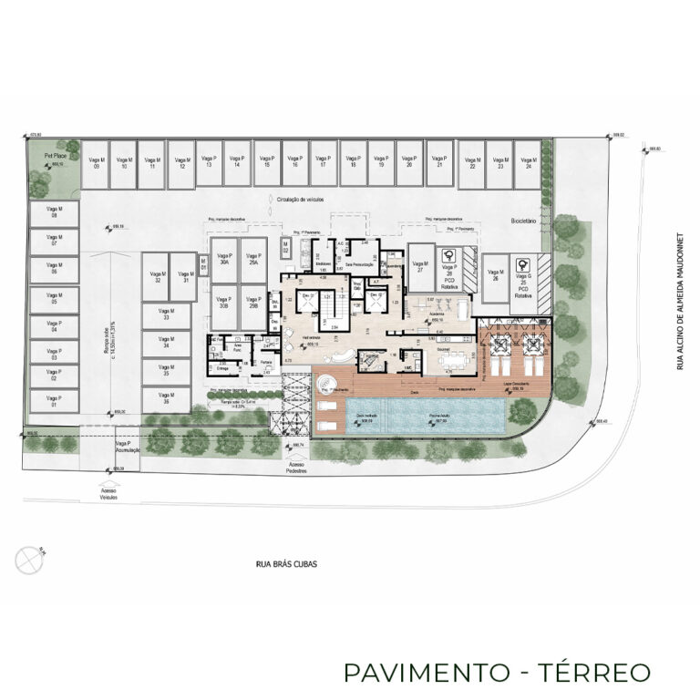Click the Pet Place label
tap(42, 156)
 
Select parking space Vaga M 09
tap(95, 164)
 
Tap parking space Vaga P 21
tap(439, 164)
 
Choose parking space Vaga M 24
tap(526, 164)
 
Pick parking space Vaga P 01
tap(54, 401)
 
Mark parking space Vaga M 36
tap(166, 398)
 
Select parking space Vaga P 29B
tap(252, 304)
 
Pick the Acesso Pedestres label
tap(295, 469)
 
